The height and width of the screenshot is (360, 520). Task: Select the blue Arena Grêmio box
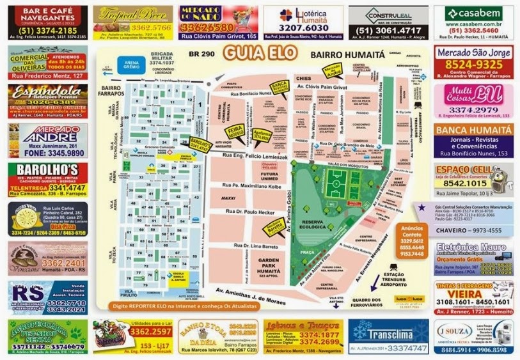click(x=132, y=64)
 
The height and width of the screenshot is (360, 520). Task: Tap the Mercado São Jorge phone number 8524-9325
click(x=474, y=65)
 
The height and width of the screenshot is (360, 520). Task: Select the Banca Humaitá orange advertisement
click(x=473, y=140)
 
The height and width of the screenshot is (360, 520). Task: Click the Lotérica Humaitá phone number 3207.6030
click(x=304, y=28)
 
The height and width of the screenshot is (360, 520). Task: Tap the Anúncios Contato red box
click(x=411, y=240)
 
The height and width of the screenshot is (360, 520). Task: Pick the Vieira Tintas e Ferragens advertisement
click(x=473, y=297)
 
